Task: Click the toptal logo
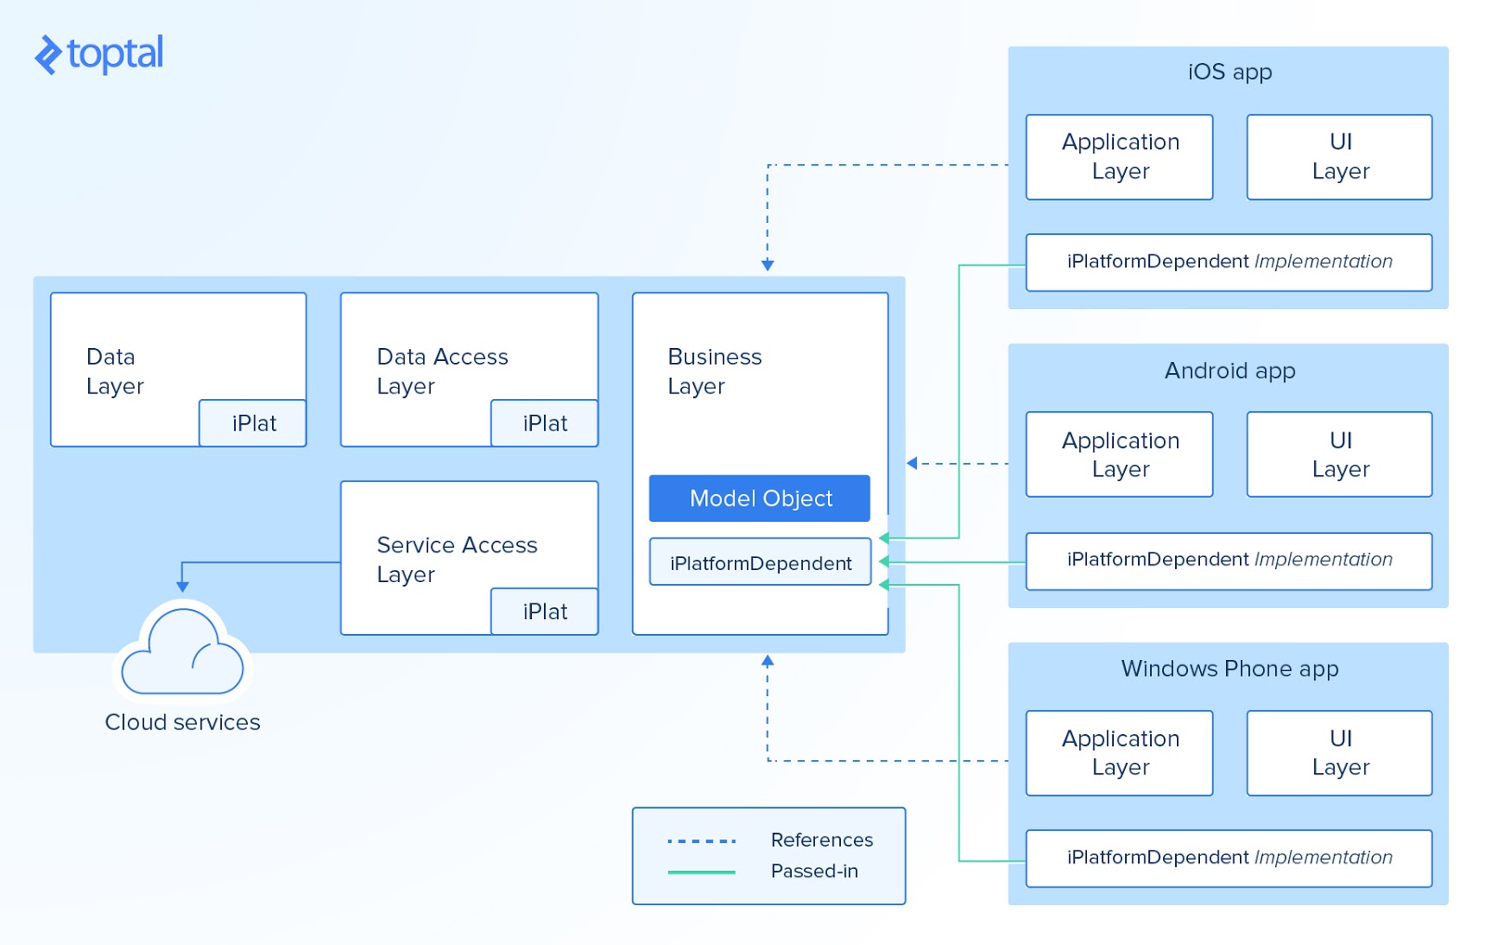coord(98,54)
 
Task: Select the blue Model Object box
coord(759,498)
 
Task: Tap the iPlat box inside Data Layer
coord(252,423)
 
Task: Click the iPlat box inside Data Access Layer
coord(544,423)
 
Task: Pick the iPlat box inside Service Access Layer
coord(544,612)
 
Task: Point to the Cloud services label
coord(183,722)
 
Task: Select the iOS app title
coord(1229,72)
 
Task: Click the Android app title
coord(1229,370)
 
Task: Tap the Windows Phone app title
coord(1229,668)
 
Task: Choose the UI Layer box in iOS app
coord(1339,157)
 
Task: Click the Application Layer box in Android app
coord(1119,455)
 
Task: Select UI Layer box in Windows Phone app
coord(1339,753)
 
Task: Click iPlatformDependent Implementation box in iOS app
coord(1229,262)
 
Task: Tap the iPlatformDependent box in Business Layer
coord(759,563)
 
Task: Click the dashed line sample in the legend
coord(702,841)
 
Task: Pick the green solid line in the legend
coord(702,872)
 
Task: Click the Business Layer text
coord(714,371)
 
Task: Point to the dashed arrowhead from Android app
coord(911,463)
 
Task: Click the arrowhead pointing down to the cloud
coord(183,586)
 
